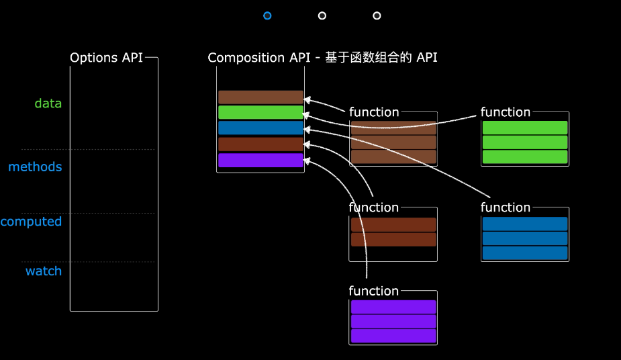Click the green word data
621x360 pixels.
coord(48,103)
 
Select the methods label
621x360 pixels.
coord(35,167)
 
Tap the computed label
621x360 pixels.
coord(31,222)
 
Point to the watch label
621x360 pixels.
coord(44,271)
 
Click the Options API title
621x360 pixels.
coord(106,58)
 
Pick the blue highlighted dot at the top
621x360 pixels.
coord(267,15)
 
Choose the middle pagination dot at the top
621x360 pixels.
coord(322,15)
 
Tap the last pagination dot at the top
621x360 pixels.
coord(377,15)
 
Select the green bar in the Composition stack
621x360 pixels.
coord(260,112)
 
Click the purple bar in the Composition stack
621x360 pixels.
coord(260,160)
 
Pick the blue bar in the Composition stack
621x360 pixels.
coord(260,128)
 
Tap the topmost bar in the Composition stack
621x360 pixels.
coord(260,97)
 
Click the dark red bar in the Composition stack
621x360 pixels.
coord(260,144)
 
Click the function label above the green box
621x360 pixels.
coord(506,112)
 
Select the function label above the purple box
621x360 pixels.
coord(374,291)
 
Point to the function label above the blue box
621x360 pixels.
coord(506,208)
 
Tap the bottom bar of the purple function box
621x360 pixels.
coord(393,336)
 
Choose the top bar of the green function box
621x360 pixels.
coord(525,128)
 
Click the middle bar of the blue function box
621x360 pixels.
coord(525,238)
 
